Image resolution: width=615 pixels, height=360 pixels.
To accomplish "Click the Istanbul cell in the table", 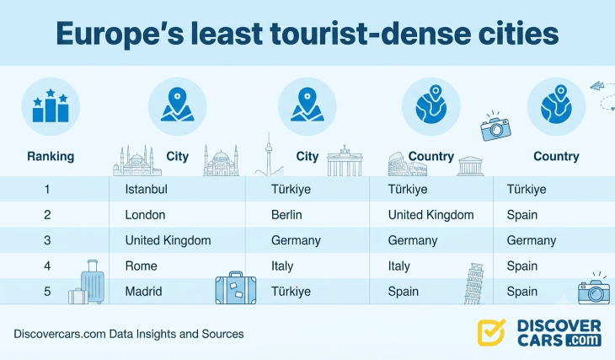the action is click(146, 189).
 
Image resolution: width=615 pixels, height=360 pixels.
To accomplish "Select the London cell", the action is click(145, 215).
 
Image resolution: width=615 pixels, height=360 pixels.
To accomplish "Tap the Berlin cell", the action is click(286, 215).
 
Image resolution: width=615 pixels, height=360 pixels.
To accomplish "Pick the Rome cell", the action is click(141, 266).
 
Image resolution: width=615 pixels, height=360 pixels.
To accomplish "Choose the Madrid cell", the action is click(143, 292).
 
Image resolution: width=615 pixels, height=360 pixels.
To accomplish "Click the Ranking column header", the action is click(51, 156).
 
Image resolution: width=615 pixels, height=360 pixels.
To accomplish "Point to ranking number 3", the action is click(47, 240).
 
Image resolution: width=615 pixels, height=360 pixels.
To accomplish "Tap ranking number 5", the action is click(47, 292).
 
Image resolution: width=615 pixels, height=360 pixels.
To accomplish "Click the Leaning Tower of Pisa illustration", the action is click(473, 283).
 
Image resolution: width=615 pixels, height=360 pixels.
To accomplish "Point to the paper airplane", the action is click(597, 85).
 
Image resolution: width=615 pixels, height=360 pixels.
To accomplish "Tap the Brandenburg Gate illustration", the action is click(345, 160).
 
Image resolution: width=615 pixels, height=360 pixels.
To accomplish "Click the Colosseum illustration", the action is click(407, 165).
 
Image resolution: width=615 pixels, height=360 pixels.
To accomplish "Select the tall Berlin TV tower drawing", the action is click(269, 154).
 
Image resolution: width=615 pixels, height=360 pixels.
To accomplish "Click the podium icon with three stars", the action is click(51, 105).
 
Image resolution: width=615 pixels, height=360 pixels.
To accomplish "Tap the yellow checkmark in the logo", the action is click(491, 332).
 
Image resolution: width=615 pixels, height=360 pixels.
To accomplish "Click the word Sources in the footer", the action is click(222, 334).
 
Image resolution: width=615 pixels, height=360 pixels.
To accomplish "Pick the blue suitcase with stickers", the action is click(236, 288).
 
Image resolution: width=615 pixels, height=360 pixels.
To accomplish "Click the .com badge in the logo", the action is click(582, 340).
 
